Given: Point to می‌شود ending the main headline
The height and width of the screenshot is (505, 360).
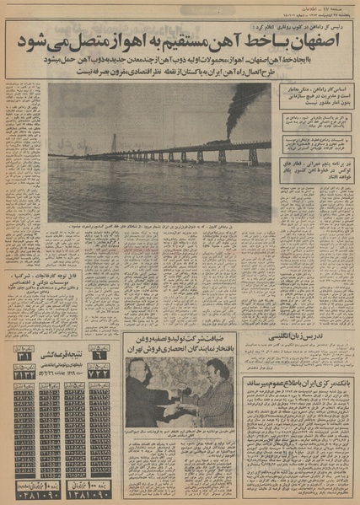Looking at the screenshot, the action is click(x=34, y=39).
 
